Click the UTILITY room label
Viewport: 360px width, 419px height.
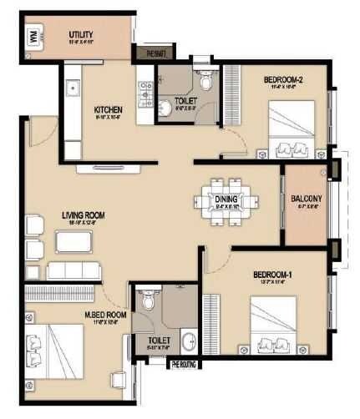[x=81, y=34]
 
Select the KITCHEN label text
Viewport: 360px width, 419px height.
[x=109, y=109]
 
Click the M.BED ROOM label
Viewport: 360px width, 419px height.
[x=104, y=314]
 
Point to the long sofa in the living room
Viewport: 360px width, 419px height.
[x=74, y=270]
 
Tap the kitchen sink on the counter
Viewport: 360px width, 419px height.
[x=72, y=87]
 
